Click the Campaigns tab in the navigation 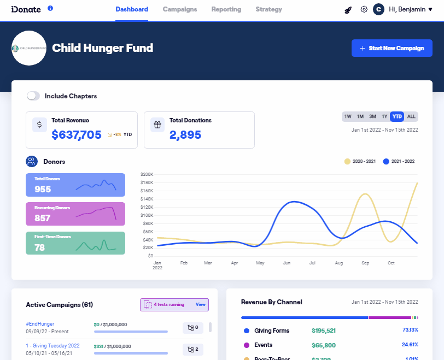180,9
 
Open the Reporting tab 226,9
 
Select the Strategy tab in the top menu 269,9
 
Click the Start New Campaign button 392,48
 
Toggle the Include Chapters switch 33,96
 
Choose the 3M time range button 372,116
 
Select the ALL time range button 411,116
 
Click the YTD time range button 397,116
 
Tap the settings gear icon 364,9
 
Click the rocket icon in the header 348,9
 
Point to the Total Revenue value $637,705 77,135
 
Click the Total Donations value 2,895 185,135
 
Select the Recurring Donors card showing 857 75,214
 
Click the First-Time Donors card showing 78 75,243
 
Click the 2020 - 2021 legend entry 360,162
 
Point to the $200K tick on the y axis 147,174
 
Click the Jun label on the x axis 287,263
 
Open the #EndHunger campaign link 40,324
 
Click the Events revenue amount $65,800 324,345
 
